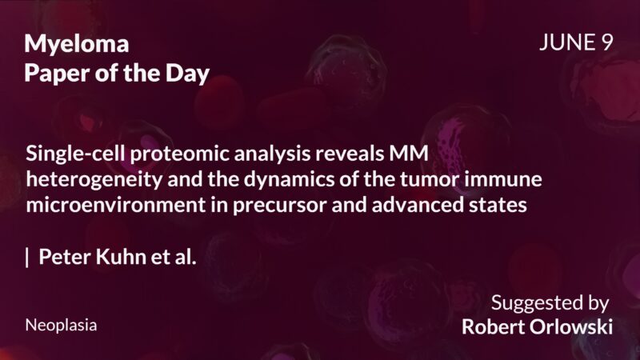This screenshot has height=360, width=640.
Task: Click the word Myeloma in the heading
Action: [77, 45]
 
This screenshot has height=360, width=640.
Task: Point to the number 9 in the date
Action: [606, 43]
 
